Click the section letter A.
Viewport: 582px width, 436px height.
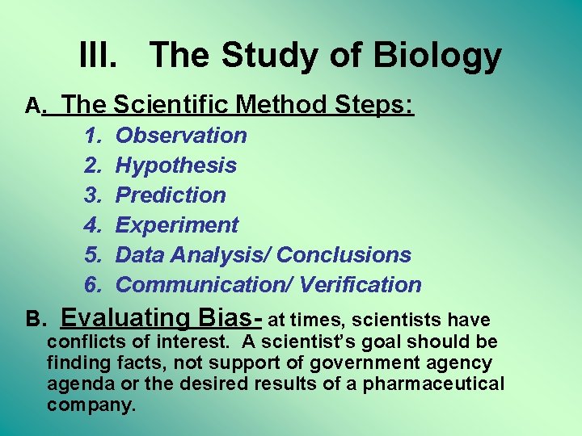click(34, 106)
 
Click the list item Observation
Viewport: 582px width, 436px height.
click(181, 136)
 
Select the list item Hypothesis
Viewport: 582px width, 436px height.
click(176, 166)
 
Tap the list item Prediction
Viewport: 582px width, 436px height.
click(171, 195)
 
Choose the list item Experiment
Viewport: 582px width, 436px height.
click(177, 225)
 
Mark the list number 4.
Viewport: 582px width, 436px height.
click(91, 225)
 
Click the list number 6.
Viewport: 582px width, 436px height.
click(91, 285)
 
